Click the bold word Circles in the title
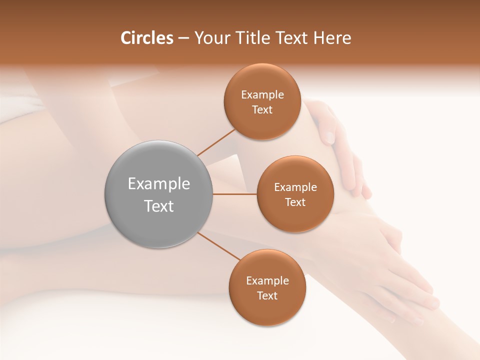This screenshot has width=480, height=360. point(147,38)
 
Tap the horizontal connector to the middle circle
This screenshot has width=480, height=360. point(235,194)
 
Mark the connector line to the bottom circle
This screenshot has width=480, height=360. point(218,246)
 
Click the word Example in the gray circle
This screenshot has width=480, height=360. point(159,184)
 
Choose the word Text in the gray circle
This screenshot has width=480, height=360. point(159,206)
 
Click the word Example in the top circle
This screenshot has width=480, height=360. point(262,95)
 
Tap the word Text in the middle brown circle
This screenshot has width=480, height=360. point(295,202)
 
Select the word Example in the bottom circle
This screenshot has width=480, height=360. point(267,281)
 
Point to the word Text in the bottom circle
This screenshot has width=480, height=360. point(267,296)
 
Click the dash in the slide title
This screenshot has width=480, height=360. point(183,38)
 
